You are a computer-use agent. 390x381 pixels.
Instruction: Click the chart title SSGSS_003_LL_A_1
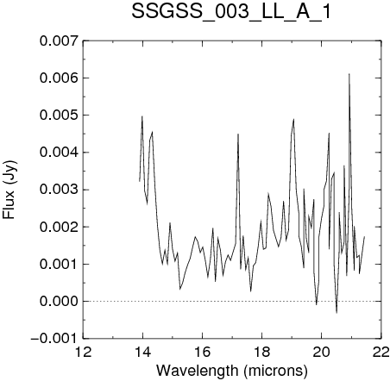[x=231, y=12]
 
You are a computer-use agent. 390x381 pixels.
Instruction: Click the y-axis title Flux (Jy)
[x=9, y=190]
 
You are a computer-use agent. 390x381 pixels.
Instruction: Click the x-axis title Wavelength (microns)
[x=232, y=371]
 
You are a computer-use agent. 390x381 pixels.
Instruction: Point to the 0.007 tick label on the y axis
[x=59, y=41]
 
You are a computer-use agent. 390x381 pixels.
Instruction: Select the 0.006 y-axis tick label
[x=59, y=78]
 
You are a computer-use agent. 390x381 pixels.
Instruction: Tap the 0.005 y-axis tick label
[x=59, y=115]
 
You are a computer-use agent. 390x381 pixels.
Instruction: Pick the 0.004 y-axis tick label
[x=59, y=153]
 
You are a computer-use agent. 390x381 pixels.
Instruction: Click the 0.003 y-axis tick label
[x=59, y=190]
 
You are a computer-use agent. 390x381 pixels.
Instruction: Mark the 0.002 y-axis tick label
[x=59, y=227]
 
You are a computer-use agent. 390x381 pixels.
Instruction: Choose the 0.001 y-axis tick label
[x=59, y=264]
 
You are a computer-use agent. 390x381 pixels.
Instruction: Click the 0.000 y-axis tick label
[x=59, y=301]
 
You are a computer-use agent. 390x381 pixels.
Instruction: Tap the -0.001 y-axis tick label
[x=54, y=338]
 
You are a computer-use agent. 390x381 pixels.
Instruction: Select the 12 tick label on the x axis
[x=84, y=352]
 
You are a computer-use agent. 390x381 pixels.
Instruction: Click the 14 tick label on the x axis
[x=142, y=352]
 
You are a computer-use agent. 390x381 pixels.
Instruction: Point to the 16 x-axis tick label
[x=203, y=352]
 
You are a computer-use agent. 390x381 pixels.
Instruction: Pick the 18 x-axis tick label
[x=262, y=352]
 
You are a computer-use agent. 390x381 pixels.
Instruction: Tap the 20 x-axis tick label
[x=322, y=352]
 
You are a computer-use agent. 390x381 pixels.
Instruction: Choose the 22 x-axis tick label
[x=381, y=352]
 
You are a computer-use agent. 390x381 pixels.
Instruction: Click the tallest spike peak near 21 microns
[x=349, y=74]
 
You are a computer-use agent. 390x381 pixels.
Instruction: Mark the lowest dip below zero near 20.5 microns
[x=337, y=313]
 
